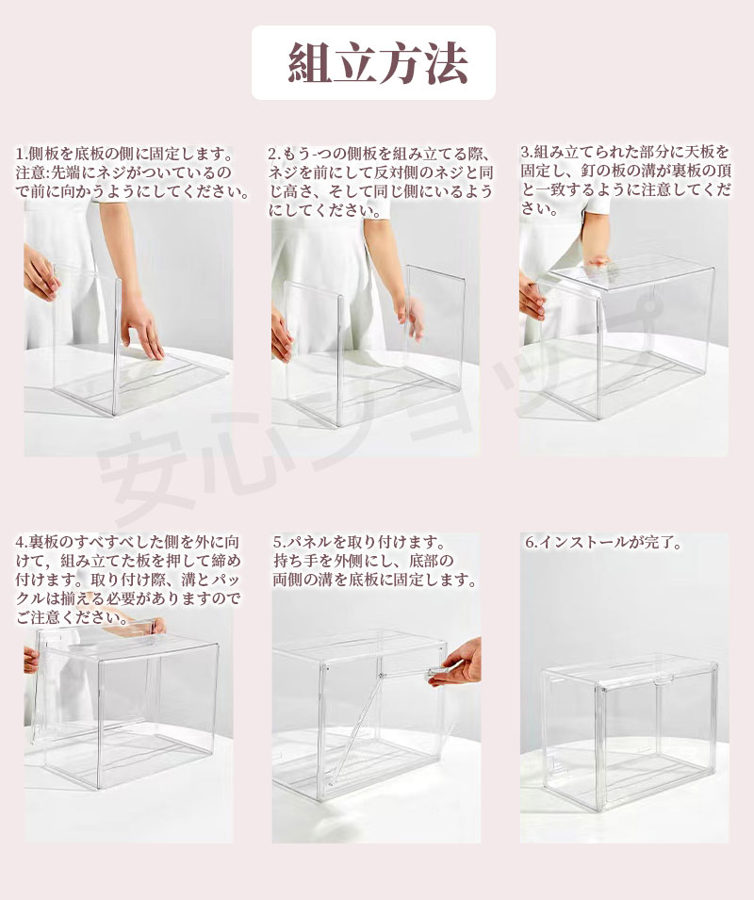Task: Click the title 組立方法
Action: pyautogui.click(x=378, y=62)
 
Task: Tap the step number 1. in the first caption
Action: pyautogui.click(x=22, y=154)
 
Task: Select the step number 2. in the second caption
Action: pyautogui.click(x=274, y=154)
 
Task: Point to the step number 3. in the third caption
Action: pyautogui.click(x=527, y=152)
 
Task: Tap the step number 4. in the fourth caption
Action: pyautogui.click(x=22, y=542)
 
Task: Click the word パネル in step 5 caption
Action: pyautogui.click(x=310, y=542)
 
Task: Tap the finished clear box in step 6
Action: pyautogui.click(x=630, y=736)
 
